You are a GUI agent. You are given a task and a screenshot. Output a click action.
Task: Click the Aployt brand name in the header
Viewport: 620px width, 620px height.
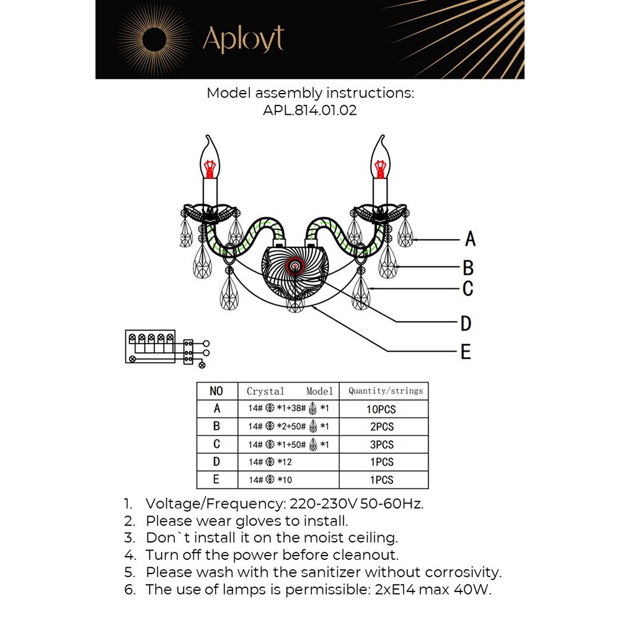tap(243, 40)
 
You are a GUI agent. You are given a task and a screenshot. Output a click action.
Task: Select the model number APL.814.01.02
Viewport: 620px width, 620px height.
tap(309, 112)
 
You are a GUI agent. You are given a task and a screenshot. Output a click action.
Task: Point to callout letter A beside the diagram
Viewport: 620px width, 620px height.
tap(470, 239)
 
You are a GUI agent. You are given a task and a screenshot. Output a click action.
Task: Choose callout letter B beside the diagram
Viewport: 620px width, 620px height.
tap(468, 268)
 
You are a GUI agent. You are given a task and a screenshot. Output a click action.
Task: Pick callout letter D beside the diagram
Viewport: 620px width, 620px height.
tap(466, 323)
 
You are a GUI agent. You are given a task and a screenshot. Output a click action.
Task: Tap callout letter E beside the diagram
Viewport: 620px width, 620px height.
tap(466, 352)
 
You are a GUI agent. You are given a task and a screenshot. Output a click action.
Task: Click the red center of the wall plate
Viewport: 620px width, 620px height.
tap(294, 267)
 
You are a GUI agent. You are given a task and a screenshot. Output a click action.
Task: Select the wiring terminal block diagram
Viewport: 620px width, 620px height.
tap(166, 347)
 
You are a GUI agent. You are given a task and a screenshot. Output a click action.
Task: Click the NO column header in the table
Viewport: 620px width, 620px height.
tap(216, 391)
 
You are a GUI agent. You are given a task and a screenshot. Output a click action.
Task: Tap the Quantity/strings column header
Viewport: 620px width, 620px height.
tap(385, 391)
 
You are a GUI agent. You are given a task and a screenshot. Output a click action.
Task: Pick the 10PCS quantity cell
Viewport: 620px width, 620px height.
tap(381, 409)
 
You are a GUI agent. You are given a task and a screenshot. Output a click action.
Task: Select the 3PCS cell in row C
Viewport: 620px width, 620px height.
tap(382, 445)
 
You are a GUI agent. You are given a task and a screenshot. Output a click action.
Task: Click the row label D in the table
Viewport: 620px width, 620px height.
tap(216, 462)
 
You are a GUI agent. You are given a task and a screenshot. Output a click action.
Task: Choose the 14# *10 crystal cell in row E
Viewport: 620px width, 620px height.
tap(270, 480)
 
